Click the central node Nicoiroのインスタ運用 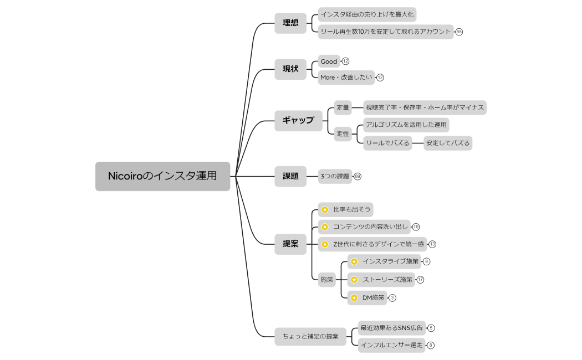(x=162, y=176)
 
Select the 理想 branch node (x=290, y=23)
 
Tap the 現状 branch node (x=290, y=69)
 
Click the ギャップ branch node (x=298, y=120)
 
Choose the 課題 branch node (x=290, y=176)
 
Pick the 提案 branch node (x=290, y=244)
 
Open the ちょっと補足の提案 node (x=310, y=336)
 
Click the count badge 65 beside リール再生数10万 (x=459, y=32)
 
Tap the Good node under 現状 (x=329, y=61)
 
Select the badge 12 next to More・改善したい (x=380, y=78)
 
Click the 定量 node (x=343, y=107)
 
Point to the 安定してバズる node (x=448, y=143)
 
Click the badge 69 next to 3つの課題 (x=358, y=176)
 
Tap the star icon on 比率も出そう (x=325, y=210)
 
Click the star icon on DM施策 (x=354, y=298)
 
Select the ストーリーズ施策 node (x=387, y=280)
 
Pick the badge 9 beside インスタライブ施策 (x=426, y=261)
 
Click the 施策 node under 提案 (x=327, y=280)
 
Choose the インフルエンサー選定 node (x=391, y=345)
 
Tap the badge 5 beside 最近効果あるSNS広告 (x=431, y=328)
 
